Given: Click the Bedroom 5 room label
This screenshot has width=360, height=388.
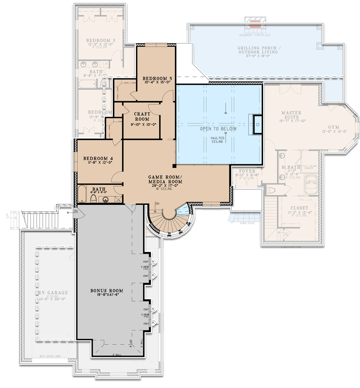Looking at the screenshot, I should tap(157, 78).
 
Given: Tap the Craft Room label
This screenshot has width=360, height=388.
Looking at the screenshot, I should tap(142, 116).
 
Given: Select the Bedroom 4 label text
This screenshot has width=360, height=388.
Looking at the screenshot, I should tap(98, 158).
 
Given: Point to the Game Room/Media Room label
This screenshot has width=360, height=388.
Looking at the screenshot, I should tap(165, 179).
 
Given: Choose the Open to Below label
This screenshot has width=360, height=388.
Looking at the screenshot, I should tap(218, 129).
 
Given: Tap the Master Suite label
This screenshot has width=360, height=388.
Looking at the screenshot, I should tap(291, 115).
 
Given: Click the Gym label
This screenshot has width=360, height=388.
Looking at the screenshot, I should tap(334, 128).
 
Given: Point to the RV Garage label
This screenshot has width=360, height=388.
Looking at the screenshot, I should tap(53, 293).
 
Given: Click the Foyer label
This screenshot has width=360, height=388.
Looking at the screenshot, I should tap(247, 171).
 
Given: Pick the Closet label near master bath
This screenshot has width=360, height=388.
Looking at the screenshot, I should tap(299, 208).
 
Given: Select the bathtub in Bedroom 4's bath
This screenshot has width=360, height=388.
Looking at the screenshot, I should tap(82, 195).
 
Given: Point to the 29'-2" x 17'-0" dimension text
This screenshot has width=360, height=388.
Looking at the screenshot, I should tap(165, 185).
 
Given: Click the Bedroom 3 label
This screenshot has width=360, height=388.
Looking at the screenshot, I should tap(101, 40).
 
